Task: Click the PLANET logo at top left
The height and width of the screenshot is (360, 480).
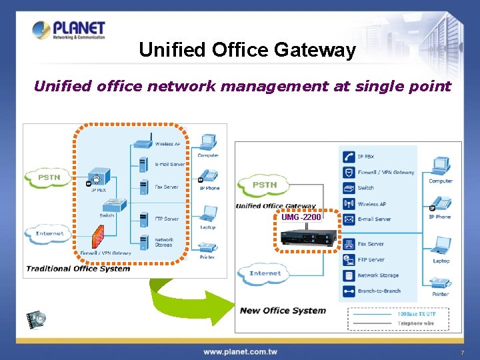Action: [69, 30]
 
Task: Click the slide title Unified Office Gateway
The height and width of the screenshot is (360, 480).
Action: [247, 50]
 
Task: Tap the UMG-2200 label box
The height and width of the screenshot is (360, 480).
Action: [301, 217]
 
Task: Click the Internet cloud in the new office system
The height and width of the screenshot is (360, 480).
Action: [265, 273]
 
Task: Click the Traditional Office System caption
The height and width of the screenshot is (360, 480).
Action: [78, 269]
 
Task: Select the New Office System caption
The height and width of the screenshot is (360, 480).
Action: [283, 310]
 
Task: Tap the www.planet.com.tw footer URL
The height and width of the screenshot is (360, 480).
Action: [241, 351]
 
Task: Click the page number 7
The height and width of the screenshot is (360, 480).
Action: [462, 352]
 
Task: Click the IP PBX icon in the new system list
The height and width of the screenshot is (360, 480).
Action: [349, 157]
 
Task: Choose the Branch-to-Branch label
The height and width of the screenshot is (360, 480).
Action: [379, 291]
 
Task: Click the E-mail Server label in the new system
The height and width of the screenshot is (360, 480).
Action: [374, 219]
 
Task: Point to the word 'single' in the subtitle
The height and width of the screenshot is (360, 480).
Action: [373, 86]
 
